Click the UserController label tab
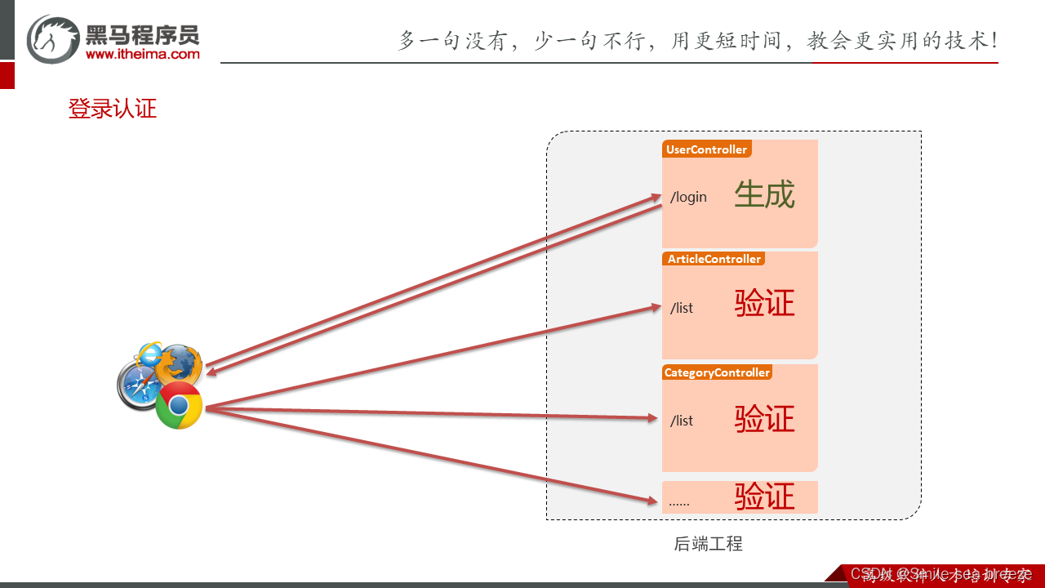[x=706, y=149]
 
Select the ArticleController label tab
[x=714, y=259]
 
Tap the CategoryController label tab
[x=717, y=372]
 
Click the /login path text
[x=688, y=197]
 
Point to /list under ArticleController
[x=682, y=308]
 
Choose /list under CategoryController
[x=682, y=421]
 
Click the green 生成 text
[x=764, y=195]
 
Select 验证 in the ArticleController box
[x=764, y=304]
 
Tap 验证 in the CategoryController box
[x=764, y=419]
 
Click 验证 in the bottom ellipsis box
[x=764, y=497]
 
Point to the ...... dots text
[x=678, y=501]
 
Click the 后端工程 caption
[x=709, y=544]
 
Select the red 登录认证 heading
[x=112, y=109]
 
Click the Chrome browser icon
[x=180, y=405]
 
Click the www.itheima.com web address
[x=142, y=54]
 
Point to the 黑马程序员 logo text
[x=142, y=33]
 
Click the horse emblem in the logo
[x=53, y=38]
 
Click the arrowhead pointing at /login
[x=656, y=197]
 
